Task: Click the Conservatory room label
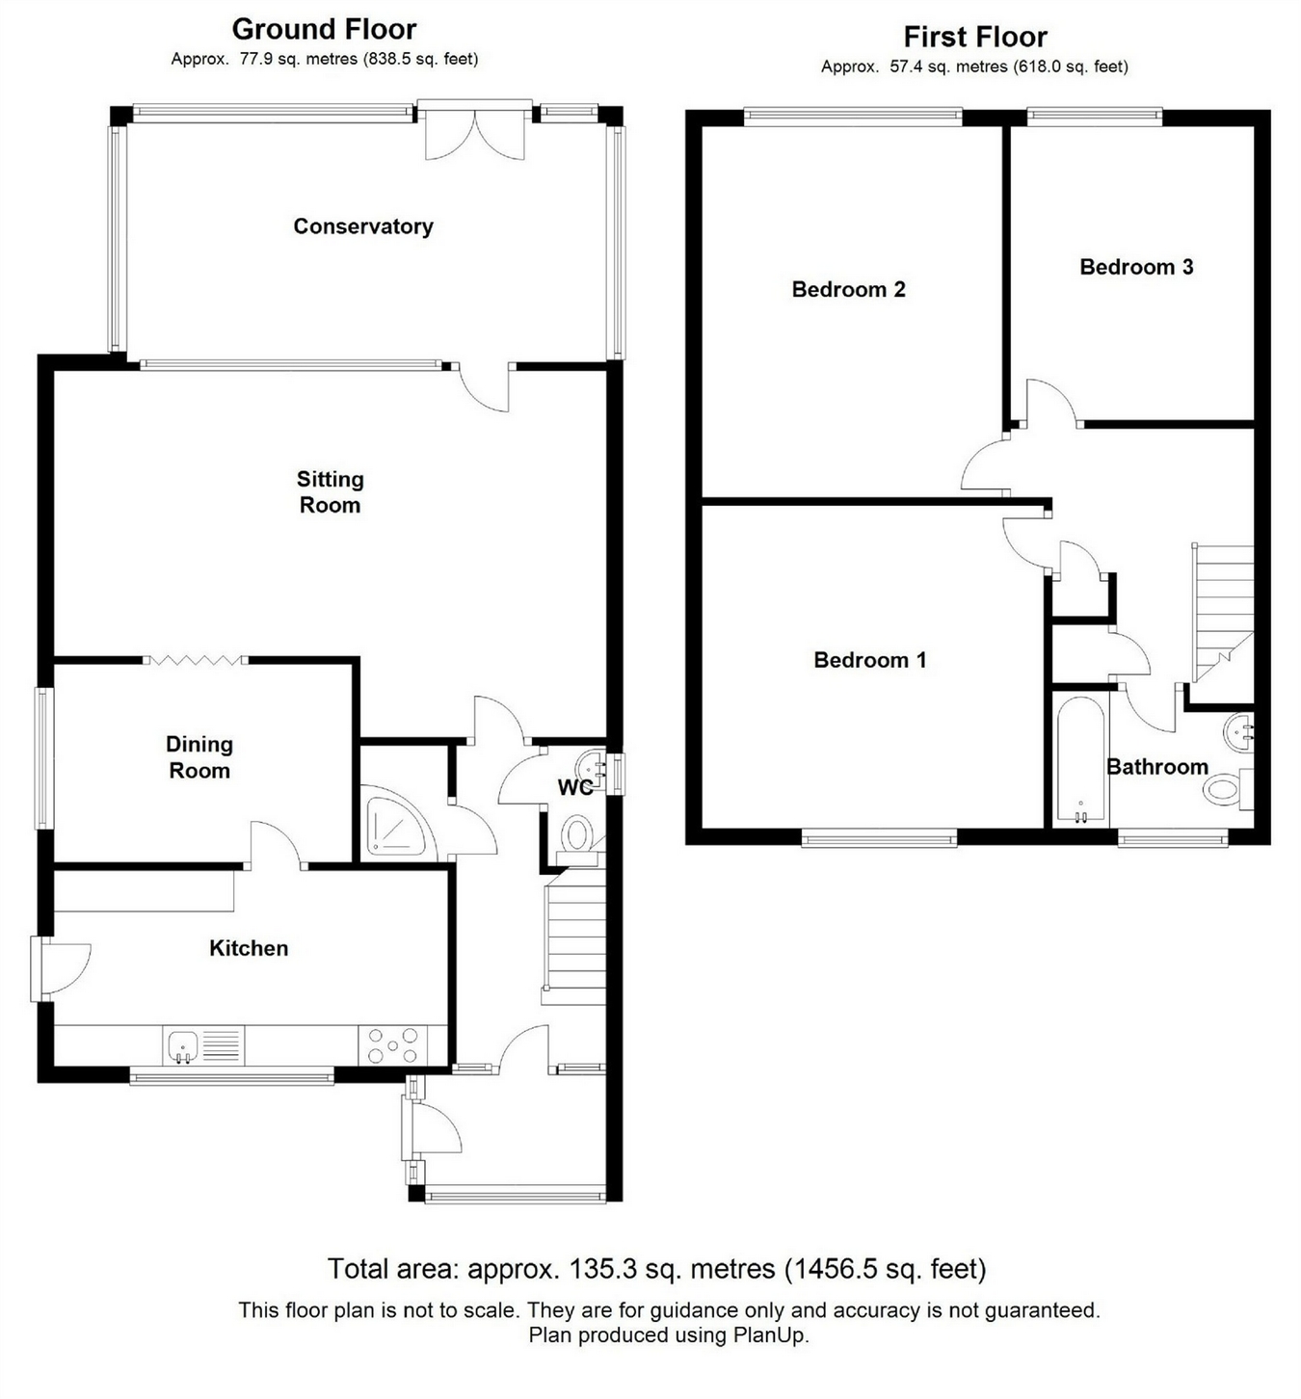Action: [363, 226]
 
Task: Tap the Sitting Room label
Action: [330, 491]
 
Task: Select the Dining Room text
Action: [199, 757]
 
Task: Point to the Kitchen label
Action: [249, 948]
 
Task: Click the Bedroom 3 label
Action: [1136, 267]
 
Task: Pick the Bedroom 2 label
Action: [848, 289]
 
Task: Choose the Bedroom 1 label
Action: [869, 660]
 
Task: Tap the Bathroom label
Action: [1157, 766]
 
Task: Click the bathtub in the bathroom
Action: [1081, 761]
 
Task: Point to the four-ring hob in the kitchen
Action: [392, 1045]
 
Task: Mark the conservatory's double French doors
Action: [475, 131]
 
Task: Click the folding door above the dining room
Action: [196, 660]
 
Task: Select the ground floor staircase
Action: [573, 936]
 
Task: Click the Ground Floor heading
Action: [324, 30]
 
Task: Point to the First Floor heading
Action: [975, 37]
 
